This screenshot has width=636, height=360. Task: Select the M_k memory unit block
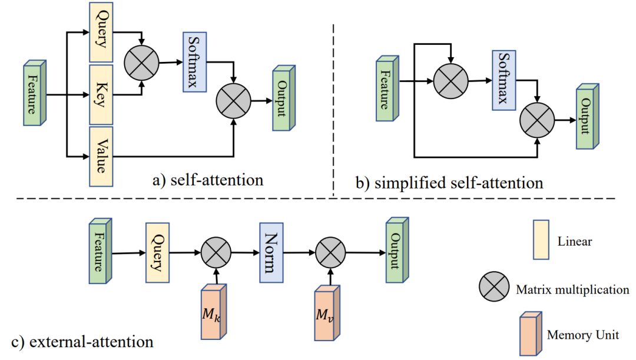[211, 313]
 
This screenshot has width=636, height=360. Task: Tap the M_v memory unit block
[326, 313]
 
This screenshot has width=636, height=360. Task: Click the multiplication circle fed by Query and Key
[141, 62]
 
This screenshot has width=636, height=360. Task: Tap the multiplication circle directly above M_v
[329, 253]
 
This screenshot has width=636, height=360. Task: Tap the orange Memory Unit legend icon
[529, 334]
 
